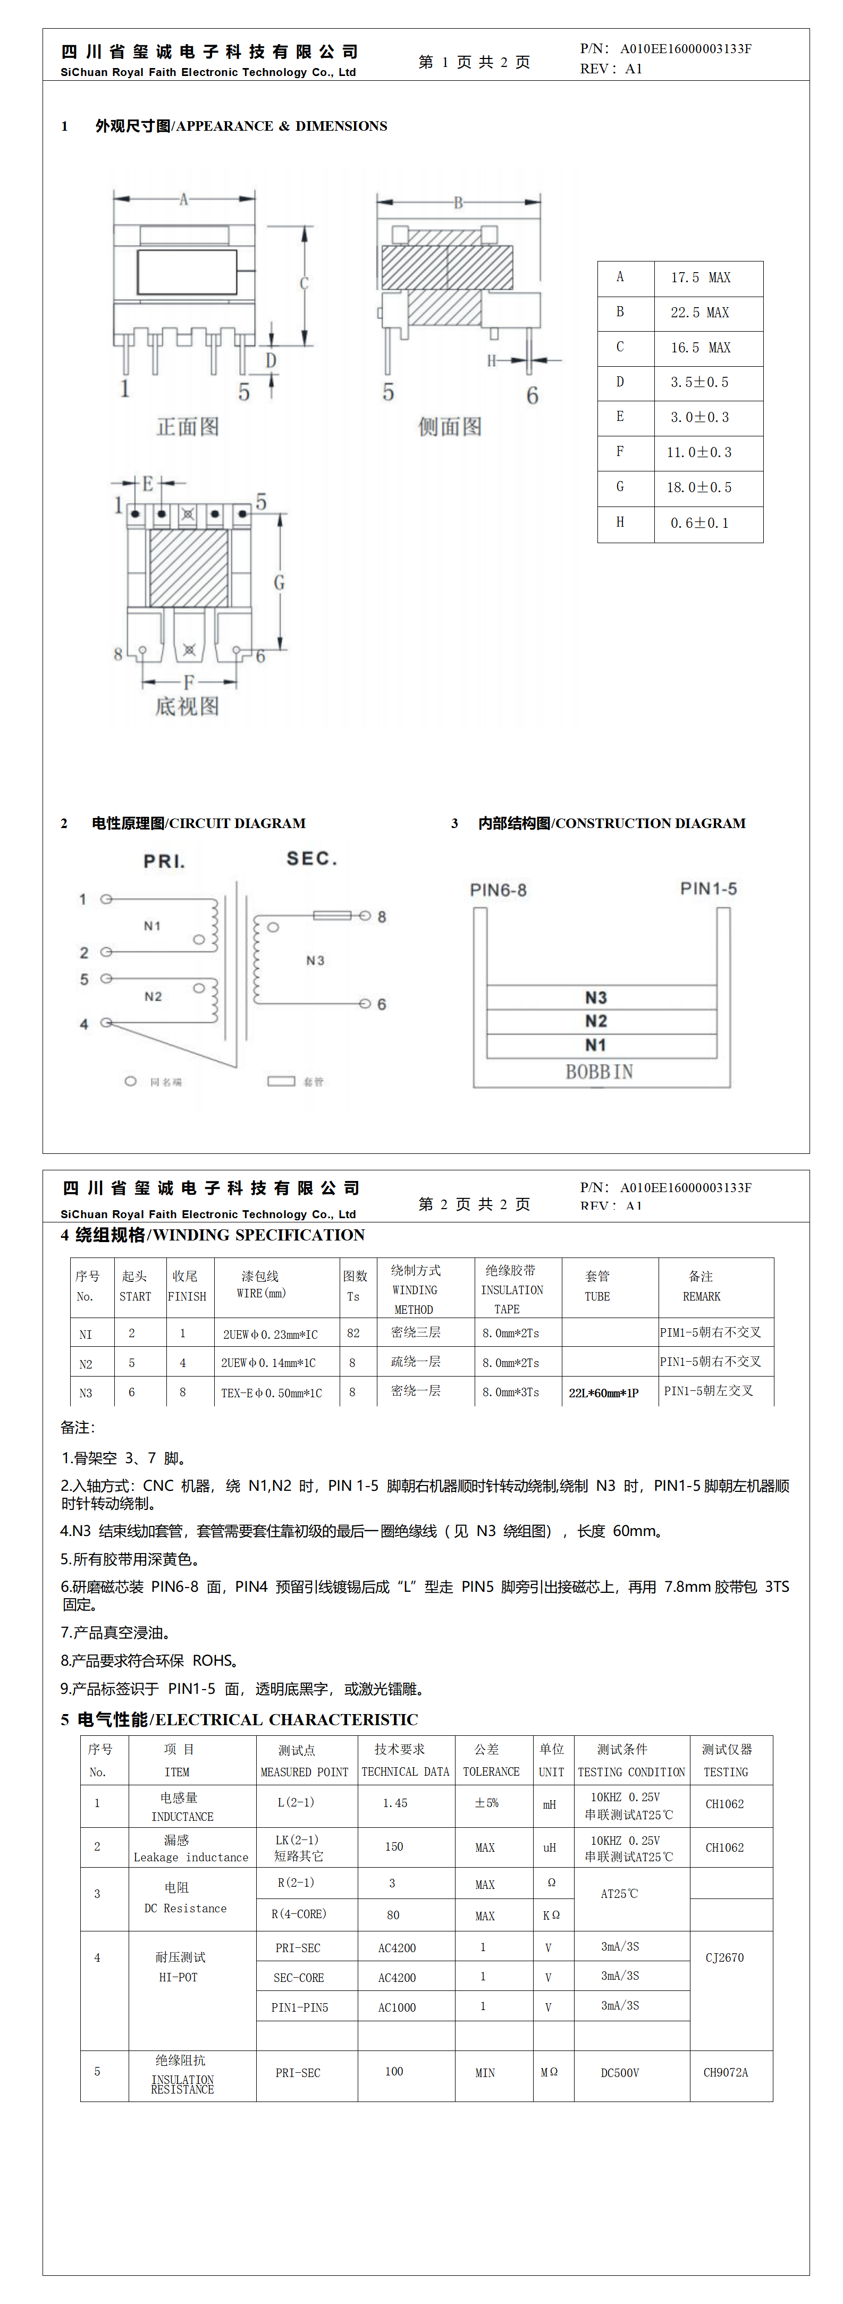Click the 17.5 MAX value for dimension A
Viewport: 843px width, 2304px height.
[x=701, y=278]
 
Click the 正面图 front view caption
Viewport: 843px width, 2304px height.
[x=188, y=427]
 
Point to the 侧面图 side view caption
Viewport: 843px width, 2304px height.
[x=450, y=427]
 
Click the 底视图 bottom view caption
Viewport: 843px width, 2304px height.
[x=187, y=706]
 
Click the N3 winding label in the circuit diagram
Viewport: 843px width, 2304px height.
[x=315, y=960]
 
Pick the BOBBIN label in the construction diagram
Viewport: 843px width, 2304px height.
[x=598, y=1071]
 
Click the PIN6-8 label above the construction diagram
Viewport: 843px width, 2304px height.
[x=499, y=890]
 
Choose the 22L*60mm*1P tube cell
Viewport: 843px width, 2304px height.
[x=604, y=1392]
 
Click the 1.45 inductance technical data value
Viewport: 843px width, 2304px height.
[x=394, y=1803]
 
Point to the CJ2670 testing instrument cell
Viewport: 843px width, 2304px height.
[x=725, y=1958]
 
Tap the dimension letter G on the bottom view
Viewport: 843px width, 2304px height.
[x=279, y=583]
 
